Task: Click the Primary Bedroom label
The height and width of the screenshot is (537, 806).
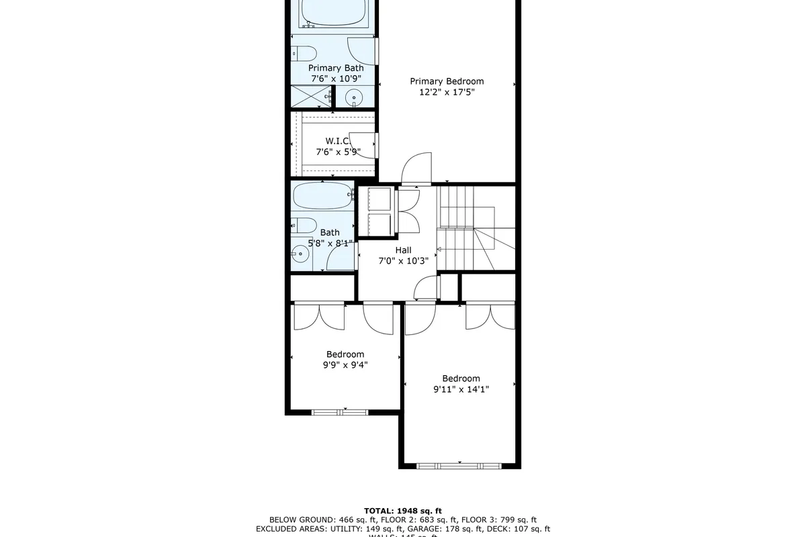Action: [x=447, y=81]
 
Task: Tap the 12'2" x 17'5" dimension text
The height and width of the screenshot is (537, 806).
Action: [x=447, y=93]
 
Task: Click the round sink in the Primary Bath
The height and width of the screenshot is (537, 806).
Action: [x=354, y=98]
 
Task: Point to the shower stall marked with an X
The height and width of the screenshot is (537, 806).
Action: [x=312, y=97]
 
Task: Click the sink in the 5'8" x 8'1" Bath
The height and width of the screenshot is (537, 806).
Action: [x=300, y=254]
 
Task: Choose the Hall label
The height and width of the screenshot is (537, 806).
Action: [x=403, y=250]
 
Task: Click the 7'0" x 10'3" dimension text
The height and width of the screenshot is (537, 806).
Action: [x=403, y=261]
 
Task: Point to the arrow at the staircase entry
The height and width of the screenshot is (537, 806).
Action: [x=440, y=249]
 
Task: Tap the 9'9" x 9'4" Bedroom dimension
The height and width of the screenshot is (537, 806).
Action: [x=345, y=365]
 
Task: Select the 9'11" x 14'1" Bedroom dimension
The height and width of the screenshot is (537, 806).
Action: [x=461, y=389]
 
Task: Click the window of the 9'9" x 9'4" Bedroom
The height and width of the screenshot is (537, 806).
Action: [x=339, y=411]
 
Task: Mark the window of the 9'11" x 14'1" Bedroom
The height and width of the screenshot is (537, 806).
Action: [x=459, y=465]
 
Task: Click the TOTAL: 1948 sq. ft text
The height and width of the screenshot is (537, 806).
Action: [x=403, y=510]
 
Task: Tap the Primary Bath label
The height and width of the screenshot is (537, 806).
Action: [x=336, y=68]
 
